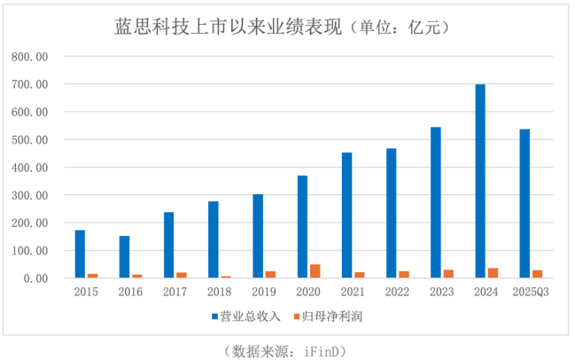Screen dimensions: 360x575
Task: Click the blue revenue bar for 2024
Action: [480, 182]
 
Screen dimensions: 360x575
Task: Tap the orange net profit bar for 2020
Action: [315, 271]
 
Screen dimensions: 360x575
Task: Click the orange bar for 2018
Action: [226, 277]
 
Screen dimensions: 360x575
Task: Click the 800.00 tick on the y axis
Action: [29, 57]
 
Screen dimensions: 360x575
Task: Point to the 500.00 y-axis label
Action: [29, 140]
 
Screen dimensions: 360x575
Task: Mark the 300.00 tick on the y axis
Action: [29, 195]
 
